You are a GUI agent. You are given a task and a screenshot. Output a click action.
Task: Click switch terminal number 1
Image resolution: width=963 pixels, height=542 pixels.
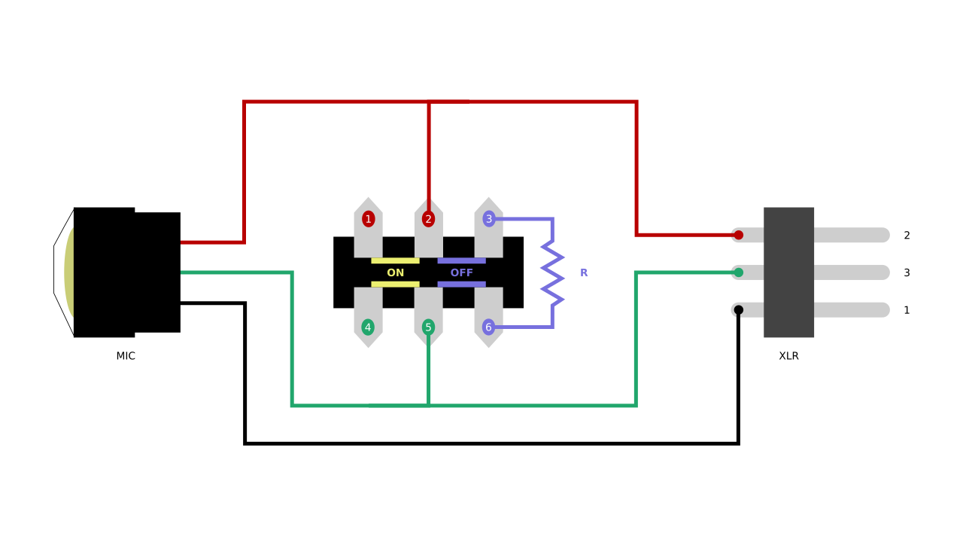tap(368, 219)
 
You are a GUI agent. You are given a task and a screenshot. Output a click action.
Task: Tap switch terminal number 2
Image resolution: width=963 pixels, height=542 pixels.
tap(428, 219)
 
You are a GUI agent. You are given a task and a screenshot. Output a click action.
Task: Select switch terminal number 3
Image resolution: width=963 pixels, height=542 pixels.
tap(488, 219)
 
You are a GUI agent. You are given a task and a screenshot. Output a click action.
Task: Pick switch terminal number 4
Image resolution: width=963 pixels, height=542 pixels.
tap(368, 327)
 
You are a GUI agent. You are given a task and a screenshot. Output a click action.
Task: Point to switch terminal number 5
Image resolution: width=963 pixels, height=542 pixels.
tap(428, 327)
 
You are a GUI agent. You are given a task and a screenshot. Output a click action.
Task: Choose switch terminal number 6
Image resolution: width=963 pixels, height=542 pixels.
tap(488, 327)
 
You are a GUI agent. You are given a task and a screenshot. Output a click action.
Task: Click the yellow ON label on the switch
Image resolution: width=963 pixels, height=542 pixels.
tap(395, 273)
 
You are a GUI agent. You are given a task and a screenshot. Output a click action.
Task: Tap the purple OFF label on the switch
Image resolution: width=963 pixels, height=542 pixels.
tap(461, 273)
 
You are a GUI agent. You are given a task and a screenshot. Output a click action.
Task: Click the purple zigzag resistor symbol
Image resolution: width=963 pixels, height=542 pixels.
tap(553, 273)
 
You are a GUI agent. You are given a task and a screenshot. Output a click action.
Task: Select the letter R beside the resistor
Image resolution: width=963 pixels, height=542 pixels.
tap(584, 273)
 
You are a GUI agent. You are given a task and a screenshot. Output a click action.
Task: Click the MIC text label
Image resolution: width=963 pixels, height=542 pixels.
tap(126, 356)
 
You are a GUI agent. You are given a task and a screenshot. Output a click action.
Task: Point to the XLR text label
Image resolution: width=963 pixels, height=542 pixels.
tap(788, 356)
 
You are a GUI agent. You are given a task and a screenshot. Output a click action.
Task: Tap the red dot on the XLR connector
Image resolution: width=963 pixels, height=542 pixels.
tap(738, 235)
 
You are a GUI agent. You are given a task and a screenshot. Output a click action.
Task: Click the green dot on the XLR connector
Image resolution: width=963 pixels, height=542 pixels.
tap(738, 273)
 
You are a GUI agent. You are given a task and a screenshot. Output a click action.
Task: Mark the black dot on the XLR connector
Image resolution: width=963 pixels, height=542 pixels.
tap(738, 310)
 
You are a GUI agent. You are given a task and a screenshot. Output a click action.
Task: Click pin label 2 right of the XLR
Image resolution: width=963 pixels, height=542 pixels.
tap(907, 235)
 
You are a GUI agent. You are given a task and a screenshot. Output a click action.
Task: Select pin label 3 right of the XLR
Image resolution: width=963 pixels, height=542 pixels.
tap(907, 273)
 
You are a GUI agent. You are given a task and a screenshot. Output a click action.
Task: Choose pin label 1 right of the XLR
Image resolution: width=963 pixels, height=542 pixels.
tap(907, 310)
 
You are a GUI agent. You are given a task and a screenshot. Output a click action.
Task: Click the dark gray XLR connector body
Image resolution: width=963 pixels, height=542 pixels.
tap(788, 273)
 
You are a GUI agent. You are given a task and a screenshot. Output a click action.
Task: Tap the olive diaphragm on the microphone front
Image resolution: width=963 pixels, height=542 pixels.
tap(68, 273)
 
